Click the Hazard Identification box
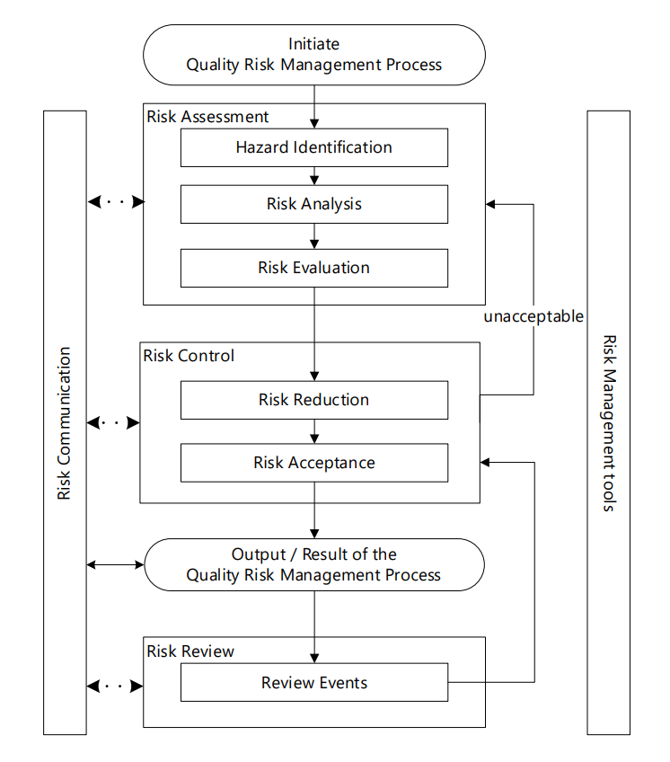tap(313, 147)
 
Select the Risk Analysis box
tap(313, 204)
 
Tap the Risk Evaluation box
tap(313, 268)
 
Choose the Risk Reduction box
tap(313, 400)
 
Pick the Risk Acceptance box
tap(313, 463)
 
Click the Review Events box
tap(313, 683)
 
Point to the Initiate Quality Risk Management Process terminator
tap(313, 54)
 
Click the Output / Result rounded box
tap(313, 564)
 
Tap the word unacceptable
tap(533, 316)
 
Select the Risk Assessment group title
tap(207, 117)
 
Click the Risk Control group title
tap(189, 356)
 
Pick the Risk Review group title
tap(190, 651)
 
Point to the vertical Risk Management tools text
tap(608, 423)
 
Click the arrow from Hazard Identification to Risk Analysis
tap(314, 176)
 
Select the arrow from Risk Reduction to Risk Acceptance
tap(314, 432)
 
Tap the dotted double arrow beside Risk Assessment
tap(115, 202)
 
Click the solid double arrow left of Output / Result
tap(115, 564)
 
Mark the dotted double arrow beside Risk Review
tap(115, 687)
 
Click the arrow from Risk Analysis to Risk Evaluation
tap(314, 236)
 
